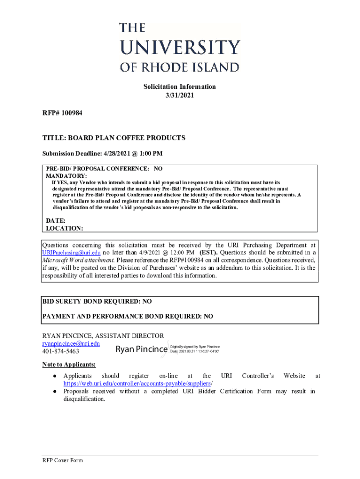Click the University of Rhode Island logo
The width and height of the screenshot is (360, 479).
[x=180, y=47]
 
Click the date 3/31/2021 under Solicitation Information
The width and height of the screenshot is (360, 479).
[x=180, y=95]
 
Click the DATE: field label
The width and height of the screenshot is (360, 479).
[x=56, y=220]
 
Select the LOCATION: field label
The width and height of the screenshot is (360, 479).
[x=65, y=228]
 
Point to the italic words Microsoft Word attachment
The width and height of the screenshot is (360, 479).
[x=79, y=260]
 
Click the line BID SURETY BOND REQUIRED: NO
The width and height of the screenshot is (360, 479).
[x=97, y=302]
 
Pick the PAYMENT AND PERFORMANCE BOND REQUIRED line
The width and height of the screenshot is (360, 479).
[x=128, y=317]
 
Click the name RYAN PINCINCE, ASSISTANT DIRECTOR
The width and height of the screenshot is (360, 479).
[x=103, y=336]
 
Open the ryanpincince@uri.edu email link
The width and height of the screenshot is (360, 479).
[x=71, y=343]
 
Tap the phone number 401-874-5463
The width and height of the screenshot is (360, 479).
[x=61, y=351]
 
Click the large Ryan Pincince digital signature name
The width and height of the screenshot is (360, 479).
[x=141, y=349]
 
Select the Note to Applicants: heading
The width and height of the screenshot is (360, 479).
[x=69, y=364]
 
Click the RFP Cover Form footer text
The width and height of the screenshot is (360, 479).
[x=63, y=461]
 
